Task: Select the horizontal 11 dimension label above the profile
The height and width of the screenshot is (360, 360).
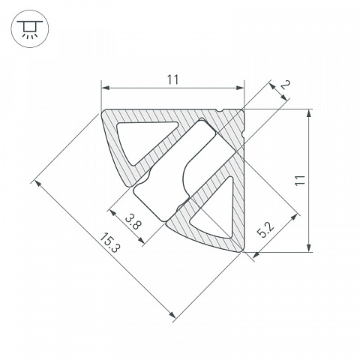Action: point(173,79)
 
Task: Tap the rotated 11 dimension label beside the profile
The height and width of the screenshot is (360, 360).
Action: point(300,180)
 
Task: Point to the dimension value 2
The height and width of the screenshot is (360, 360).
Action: point(285,85)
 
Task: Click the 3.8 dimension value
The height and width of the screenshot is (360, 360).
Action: point(133,222)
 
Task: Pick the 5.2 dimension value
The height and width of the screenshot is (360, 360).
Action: point(266,230)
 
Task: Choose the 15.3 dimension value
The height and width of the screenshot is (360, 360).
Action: point(110,242)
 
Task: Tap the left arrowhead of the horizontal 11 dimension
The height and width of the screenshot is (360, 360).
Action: point(106,88)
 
